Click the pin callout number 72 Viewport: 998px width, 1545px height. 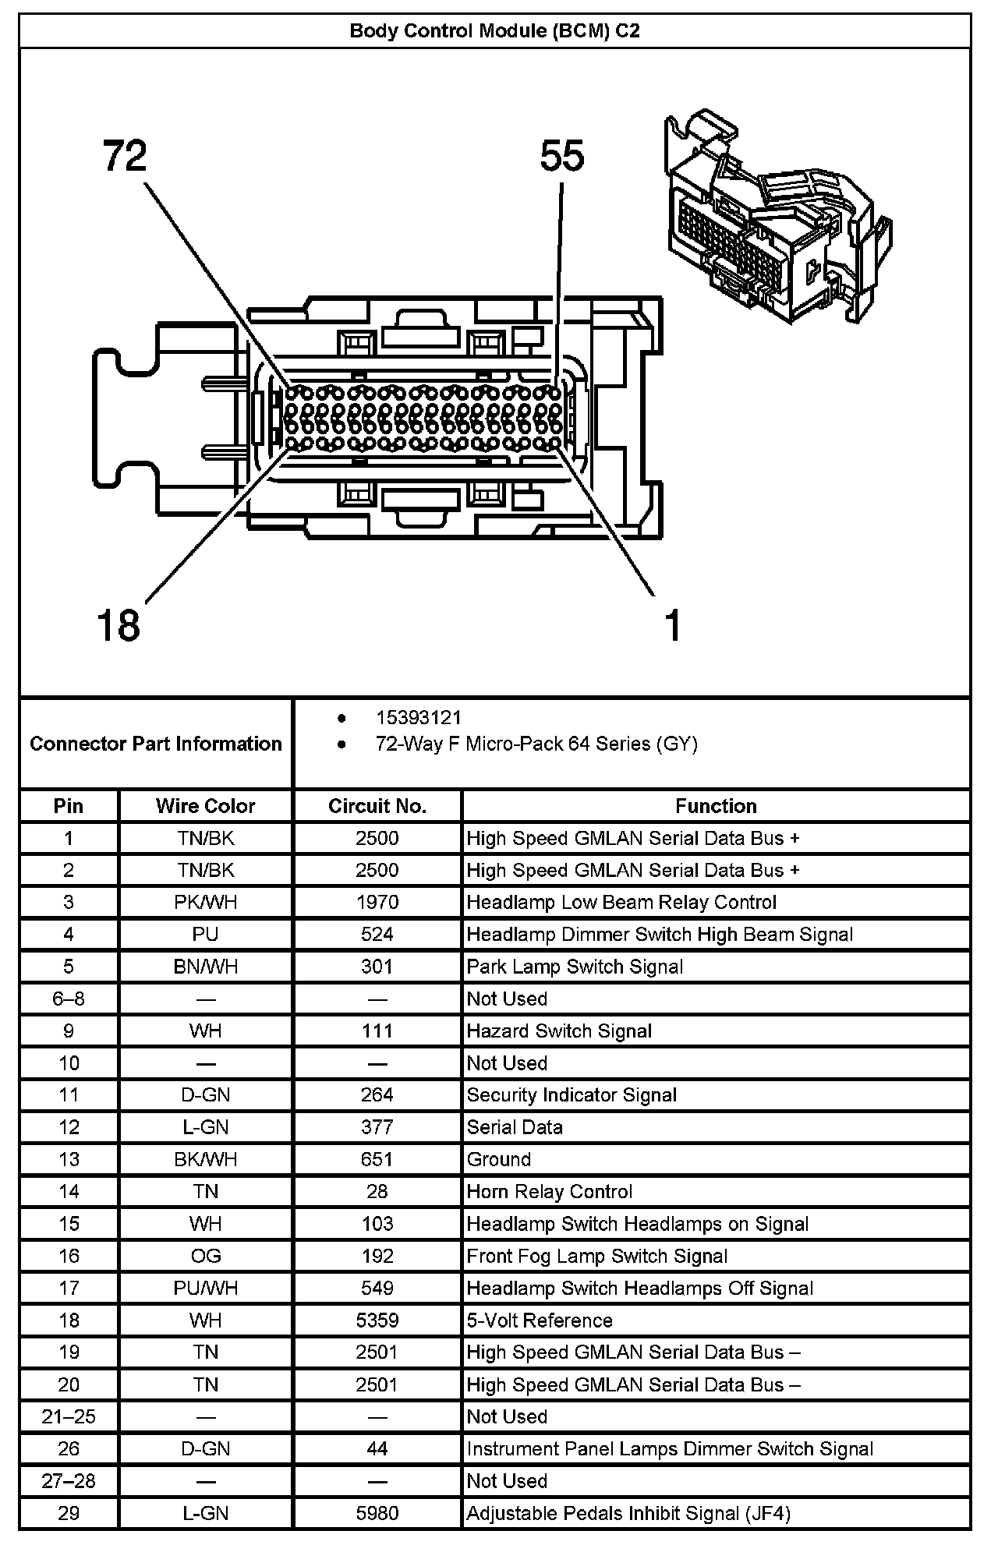[125, 156]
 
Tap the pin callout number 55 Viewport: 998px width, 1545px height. [561, 156]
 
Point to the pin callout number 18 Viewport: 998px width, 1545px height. [119, 625]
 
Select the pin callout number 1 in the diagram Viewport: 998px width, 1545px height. [672, 625]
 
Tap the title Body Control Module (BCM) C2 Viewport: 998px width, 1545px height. [494, 31]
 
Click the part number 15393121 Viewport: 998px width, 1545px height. [418, 718]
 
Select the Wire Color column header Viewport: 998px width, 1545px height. [205, 806]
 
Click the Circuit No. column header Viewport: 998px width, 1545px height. [377, 806]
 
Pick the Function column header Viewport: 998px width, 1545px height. [716, 806]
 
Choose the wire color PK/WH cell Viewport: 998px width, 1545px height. [205, 903]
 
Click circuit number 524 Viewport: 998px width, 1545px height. [377, 935]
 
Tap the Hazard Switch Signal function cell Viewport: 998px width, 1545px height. [559, 1031]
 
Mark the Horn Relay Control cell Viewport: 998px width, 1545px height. [550, 1192]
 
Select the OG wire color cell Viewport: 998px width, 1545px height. [205, 1256]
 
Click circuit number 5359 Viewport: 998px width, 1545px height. [377, 1320]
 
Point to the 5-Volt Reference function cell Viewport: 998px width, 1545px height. [540, 1320]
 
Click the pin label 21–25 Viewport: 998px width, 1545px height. [69, 1416]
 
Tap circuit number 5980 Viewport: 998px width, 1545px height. [377, 1513]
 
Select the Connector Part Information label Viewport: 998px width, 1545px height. [156, 744]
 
